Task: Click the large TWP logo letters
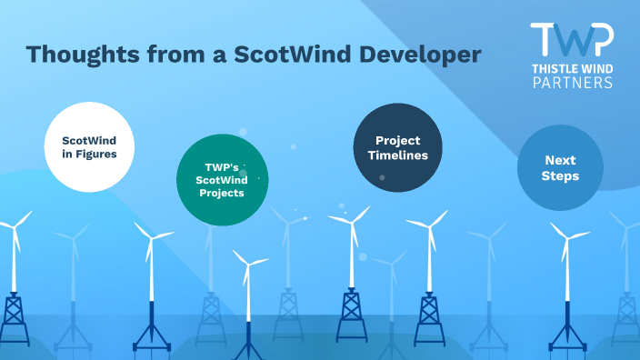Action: (571, 39)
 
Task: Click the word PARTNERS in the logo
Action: (571, 82)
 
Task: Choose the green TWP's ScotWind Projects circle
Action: (222, 179)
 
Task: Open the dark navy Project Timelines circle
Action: (397, 147)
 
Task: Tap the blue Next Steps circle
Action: (560, 167)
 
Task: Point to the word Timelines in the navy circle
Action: (397, 155)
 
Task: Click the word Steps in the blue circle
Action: (560, 175)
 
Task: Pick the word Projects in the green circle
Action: (222, 194)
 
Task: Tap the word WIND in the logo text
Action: (595, 68)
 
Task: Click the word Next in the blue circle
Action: (560, 160)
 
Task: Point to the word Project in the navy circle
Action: (397, 140)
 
